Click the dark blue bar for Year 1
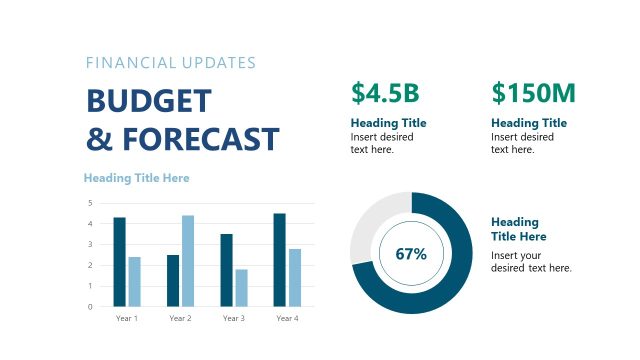(119, 262)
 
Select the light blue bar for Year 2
(188, 261)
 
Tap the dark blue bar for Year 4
(279, 260)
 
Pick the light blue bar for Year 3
(241, 288)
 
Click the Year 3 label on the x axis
(233, 318)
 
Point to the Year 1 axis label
(127, 318)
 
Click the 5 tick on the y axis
(90, 203)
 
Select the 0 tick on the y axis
(90, 307)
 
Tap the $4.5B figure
(384, 93)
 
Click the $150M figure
(534, 93)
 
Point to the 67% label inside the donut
(411, 254)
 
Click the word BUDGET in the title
(149, 101)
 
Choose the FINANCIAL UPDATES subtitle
(171, 62)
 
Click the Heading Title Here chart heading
(136, 178)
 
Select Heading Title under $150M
(529, 123)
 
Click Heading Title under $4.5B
(388, 123)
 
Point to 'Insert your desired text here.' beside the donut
(531, 261)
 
